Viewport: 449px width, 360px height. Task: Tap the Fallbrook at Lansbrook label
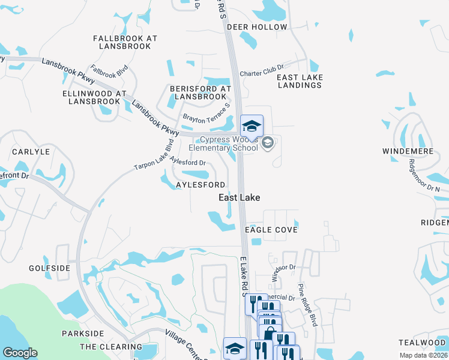click(x=125, y=42)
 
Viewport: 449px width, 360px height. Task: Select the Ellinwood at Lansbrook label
click(x=94, y=97)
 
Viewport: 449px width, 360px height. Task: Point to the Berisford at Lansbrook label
click(x=200, y=92)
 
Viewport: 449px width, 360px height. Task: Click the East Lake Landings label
click(x=300, y=81)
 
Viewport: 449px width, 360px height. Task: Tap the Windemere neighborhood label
click(x=408, y=152)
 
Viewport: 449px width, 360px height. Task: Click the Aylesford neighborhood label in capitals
click(x=200, y=185)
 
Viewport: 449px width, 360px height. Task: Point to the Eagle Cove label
click(x=271, y=230)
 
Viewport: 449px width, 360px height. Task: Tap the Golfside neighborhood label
click(x=49, y=268)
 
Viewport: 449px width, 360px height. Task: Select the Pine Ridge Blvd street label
click(x=307, y=305)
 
